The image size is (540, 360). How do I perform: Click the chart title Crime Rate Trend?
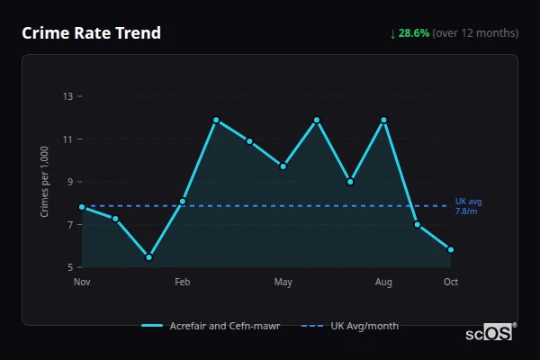pos(91,33)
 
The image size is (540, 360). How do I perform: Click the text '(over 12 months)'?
pos(475,33)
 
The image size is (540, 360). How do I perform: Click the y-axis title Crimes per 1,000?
pos(44,182)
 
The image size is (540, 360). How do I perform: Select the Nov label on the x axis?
pos(82,283)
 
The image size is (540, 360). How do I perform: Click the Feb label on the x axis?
pos(183,283)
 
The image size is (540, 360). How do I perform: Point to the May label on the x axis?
pos(283,283)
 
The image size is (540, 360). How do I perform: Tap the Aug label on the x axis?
pos(384,283)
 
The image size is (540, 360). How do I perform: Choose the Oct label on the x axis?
pos(451,283)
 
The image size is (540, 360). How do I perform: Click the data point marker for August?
pos(384,120)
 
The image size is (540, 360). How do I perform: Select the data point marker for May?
pos(283,166)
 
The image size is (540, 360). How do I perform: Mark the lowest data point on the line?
pos(149,257)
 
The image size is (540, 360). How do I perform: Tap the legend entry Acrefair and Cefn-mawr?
pos(211,326)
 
